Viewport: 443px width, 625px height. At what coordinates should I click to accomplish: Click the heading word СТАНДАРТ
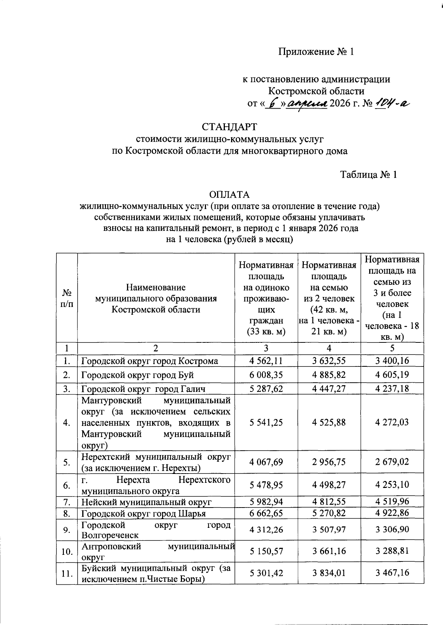(229, 127)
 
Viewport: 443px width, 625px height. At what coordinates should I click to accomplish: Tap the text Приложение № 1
(316, 52)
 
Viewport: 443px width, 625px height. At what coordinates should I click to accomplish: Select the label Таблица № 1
(368, 175)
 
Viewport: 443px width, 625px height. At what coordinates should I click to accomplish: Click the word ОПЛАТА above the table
(229, 195)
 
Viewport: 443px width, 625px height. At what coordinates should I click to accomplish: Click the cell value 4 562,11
(266, 361)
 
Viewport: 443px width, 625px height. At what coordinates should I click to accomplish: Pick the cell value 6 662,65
(266, 513)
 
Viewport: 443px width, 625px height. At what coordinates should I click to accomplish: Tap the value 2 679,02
(392, 462)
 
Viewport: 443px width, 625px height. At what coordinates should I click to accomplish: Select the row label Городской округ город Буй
(137, 375)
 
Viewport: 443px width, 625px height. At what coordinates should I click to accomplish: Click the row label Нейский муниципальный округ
(146, 502)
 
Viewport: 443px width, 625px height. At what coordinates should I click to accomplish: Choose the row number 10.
(67, 551)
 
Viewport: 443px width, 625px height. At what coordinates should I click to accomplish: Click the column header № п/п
(67, 298)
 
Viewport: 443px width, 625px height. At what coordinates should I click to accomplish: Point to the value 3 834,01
(329, 573)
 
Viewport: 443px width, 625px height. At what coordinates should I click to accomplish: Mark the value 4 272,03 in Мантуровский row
(392, 422)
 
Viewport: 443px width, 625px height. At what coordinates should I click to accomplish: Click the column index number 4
(329, 348)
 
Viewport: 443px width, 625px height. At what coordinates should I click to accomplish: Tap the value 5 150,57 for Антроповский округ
(266, 551)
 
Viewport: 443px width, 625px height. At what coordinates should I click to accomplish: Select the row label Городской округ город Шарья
(143, 513)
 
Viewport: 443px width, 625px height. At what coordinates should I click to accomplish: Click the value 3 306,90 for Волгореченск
(392, 530)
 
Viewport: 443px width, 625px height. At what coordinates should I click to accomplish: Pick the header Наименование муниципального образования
(156, 298)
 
